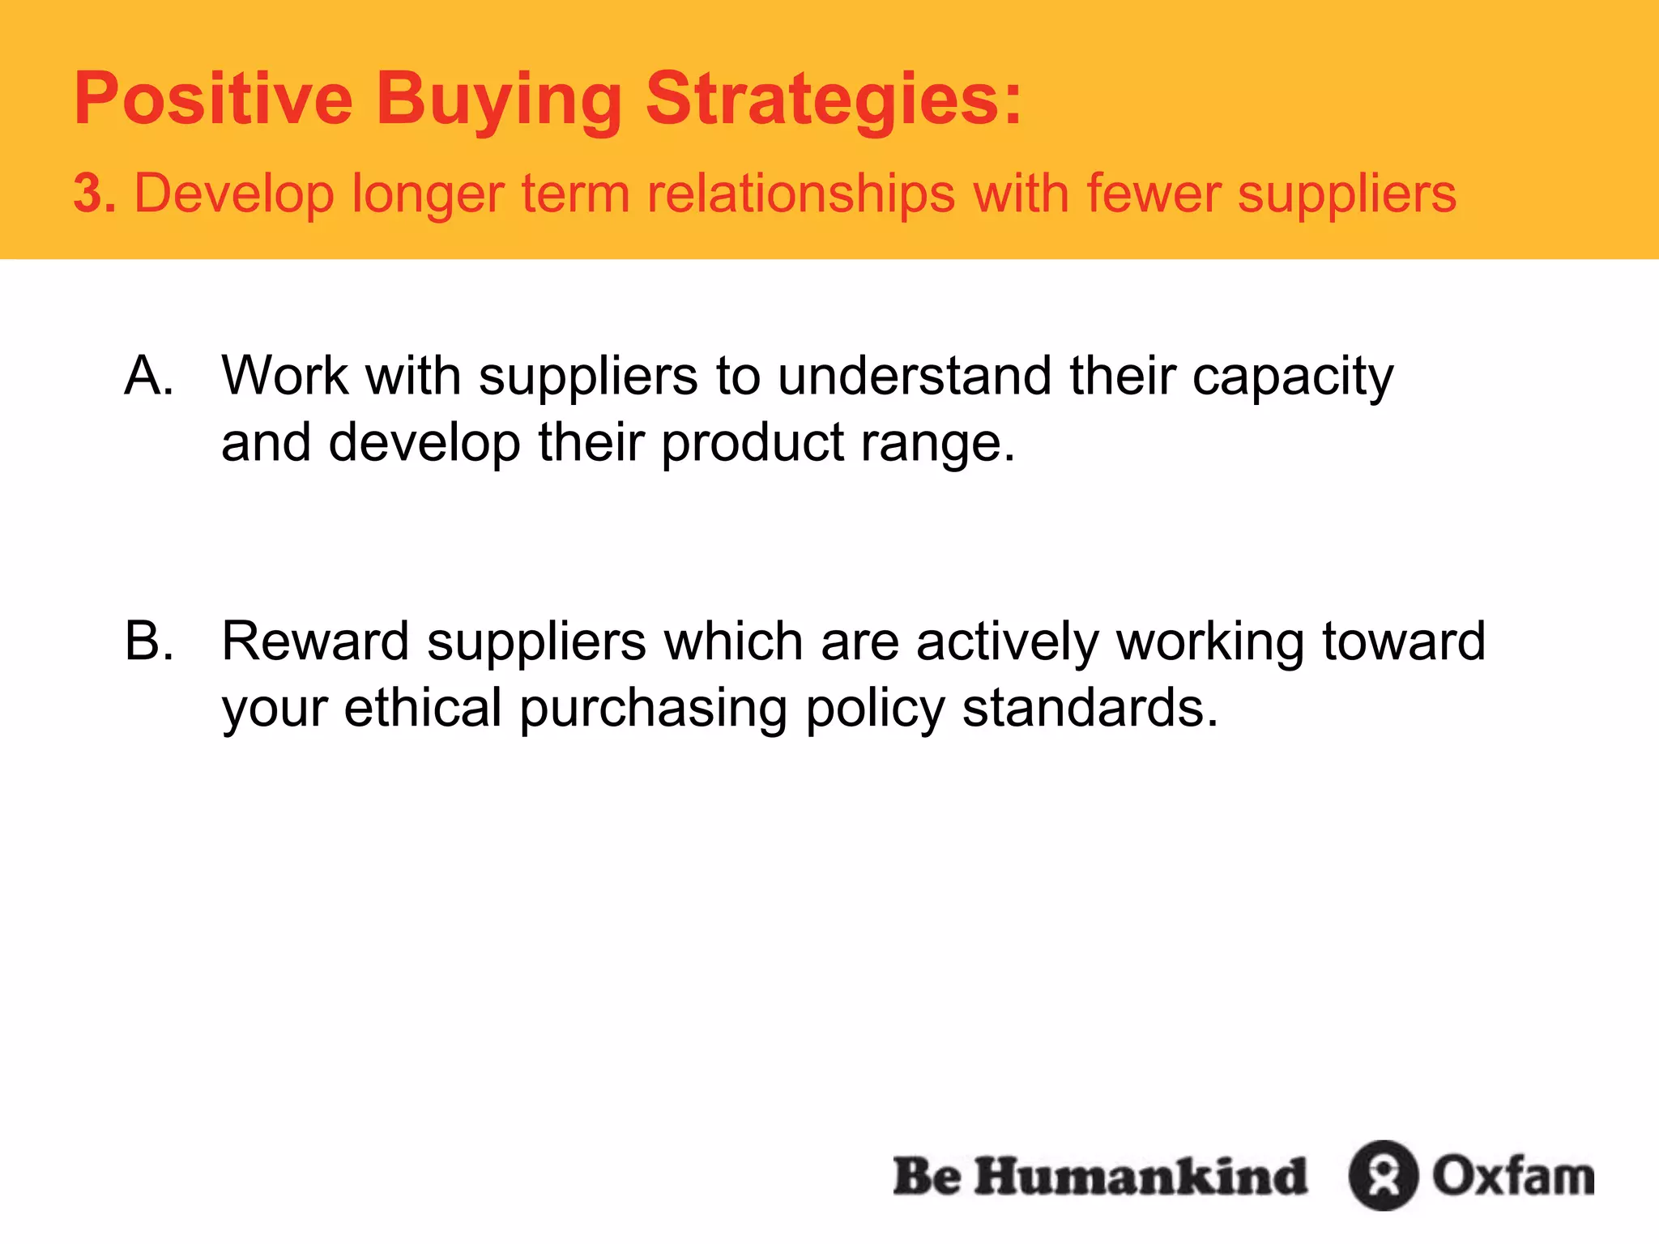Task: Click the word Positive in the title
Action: [x=213, y=99]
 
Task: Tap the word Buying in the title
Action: [x=498, y=100]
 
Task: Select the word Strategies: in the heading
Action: [x=834, y=100]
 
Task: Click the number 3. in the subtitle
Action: [x=95, y=194]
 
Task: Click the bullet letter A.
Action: [x=149, y=376]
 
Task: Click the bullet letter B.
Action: [x=149, y=641]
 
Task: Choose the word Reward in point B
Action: [x=315, y=641]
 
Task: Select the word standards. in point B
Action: [x=1090, y=708]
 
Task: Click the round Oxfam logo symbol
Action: [x=1383, y=1175]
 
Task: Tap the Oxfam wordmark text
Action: [x=1513, y=1176]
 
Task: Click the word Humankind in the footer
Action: [x=1141, y=1176]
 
